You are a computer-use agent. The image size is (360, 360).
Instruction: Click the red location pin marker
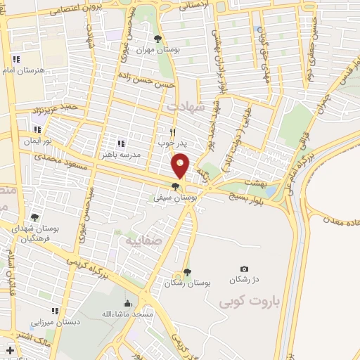[x=181, y=165]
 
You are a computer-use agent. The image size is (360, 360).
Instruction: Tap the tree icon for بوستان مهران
[x=157, y=39]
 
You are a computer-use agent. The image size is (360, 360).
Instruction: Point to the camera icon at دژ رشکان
[x=244, y=269]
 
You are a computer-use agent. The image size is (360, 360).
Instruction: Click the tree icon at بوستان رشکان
[x=186, y=272]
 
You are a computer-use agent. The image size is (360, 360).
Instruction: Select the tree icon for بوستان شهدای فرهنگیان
[x=34, y=217]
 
